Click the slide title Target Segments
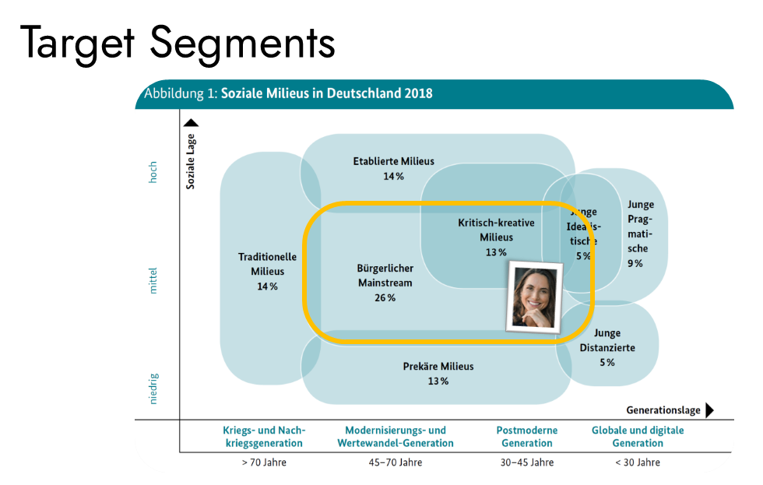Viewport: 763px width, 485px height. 178,43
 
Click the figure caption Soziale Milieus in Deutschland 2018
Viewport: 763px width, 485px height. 327,93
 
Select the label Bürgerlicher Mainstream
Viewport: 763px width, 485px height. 385,276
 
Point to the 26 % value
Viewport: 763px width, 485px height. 385,298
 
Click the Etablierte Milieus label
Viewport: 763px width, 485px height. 393,162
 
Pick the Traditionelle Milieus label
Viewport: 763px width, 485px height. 267,264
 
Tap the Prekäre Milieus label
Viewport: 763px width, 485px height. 438,367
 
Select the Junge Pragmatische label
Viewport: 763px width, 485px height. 638,227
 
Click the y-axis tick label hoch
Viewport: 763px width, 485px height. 153,172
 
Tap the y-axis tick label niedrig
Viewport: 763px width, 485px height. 153,388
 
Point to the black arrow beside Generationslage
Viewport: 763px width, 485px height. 709,410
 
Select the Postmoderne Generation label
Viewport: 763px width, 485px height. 527,437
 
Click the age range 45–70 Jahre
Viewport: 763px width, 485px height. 395,462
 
